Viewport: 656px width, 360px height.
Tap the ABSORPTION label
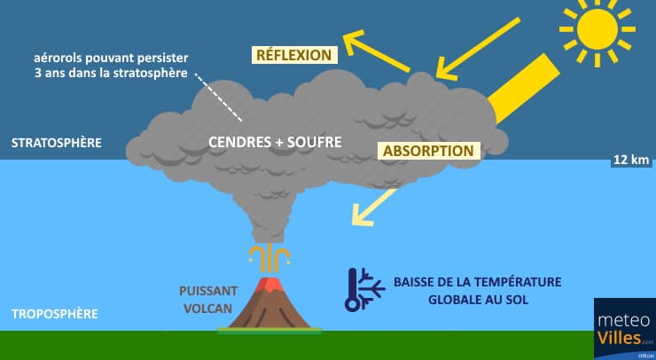(429, 151)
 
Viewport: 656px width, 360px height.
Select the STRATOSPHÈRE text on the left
(55, 142)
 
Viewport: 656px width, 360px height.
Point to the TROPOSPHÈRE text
(54, 314)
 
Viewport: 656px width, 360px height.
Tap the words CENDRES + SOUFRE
(275, 142)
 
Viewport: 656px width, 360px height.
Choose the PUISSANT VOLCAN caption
(210, 299)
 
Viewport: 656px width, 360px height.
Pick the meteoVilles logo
(624, 327)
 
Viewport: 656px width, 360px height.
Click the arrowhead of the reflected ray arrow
(352, 38)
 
